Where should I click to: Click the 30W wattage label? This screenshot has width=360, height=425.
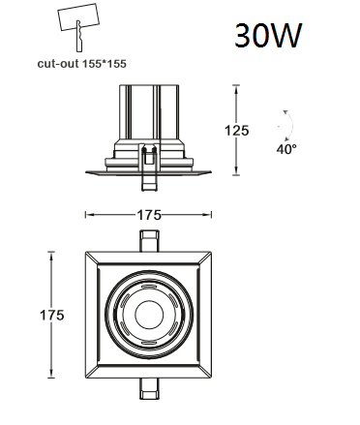click(x=268, y=35)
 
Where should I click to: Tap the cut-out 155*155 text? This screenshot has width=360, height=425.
click(x=82, y=64)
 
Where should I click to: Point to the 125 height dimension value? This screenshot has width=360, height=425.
click(x=237, y=131)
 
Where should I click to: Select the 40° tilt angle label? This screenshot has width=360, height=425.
click(x=286, y=149)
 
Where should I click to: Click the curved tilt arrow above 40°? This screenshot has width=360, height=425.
click(x=291, y=124)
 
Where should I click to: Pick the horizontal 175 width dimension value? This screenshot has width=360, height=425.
click(x=149, y=215)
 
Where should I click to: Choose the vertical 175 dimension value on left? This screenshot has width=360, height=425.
click(x=52, y=315)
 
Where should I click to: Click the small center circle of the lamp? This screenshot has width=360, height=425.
click(x=149, y=315)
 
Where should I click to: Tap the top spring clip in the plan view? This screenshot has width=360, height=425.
click(x=149, y=241)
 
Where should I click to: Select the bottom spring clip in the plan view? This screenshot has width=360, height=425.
click(x=149, y=389)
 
